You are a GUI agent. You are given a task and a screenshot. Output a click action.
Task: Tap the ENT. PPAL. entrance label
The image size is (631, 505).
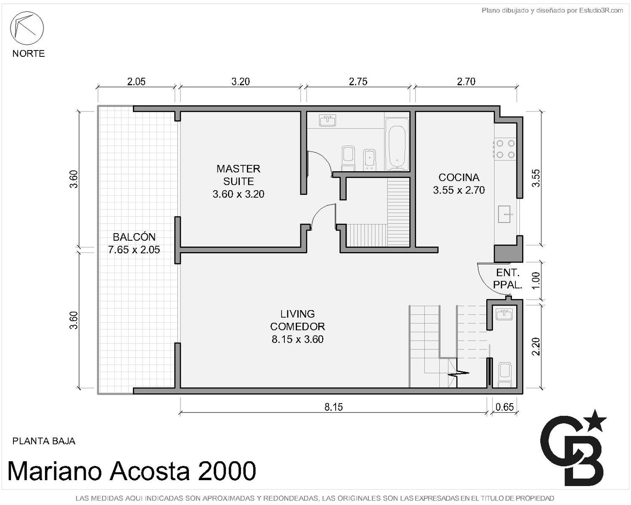pos(508,279)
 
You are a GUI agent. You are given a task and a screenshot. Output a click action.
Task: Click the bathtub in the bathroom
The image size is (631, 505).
pos(397,144)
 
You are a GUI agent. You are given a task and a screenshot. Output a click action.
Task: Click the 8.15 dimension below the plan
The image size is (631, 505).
pos(334,407)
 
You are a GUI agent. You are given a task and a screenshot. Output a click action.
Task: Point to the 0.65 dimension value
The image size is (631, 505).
pos(505,407)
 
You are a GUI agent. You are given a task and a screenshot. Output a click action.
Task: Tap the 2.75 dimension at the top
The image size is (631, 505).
pos(358,82)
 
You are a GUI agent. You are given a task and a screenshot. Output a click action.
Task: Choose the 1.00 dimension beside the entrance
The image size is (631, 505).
pos(536,281)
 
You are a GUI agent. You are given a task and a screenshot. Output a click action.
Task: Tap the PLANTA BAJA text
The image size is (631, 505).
pos(44,441)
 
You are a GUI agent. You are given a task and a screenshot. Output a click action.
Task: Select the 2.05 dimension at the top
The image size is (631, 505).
pos(136,82)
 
